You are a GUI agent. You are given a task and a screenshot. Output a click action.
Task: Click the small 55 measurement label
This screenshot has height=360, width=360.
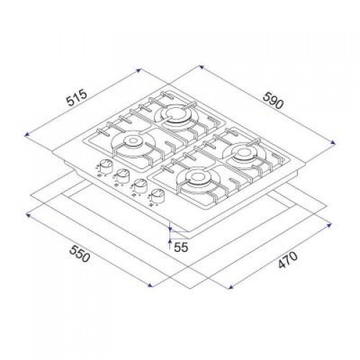click(x=180, y=246)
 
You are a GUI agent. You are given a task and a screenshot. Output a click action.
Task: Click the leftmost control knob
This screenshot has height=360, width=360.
click(x=105, y=168)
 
